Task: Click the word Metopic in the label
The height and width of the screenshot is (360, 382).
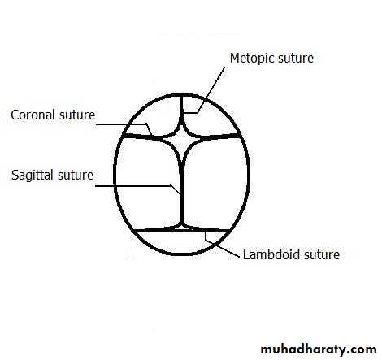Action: click(252, 59)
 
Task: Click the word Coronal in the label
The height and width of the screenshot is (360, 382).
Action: click(33, 115)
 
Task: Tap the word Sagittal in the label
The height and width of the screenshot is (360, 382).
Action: click(33, 176)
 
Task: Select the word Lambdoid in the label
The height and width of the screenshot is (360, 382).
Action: click(271, 254)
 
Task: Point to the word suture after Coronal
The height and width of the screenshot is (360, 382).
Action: click(77, 115)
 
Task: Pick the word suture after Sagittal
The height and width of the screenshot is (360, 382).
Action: click(76, 176)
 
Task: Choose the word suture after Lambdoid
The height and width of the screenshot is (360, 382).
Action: click(322, 255)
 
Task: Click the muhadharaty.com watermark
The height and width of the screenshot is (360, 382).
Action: click(319, 349)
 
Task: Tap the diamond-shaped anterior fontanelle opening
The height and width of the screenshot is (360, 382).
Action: click(181, 141)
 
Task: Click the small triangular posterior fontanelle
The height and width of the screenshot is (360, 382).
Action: click(180, 228)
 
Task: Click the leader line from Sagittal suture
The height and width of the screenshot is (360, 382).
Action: click(137, 186)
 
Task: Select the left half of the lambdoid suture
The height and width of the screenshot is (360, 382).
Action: click(154, 230)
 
